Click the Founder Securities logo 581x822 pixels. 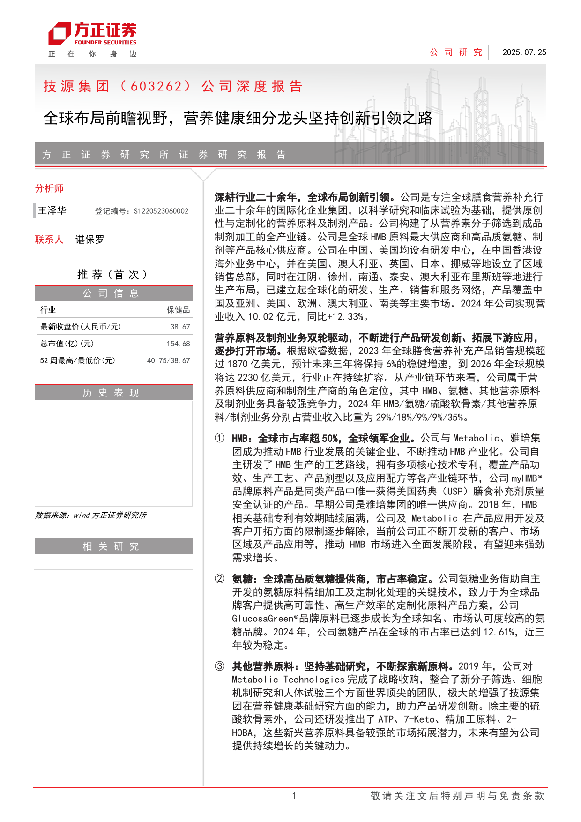click(92, 34)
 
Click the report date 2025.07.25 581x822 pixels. click(524, 52)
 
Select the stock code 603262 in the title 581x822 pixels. click(156, 86)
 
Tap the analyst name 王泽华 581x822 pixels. click(52, 210)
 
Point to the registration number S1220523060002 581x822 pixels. click(161, 211)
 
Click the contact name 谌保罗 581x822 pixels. click(89, 239)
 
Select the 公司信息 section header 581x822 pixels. click(113, 293)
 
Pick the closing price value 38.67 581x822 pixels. click(180, 327)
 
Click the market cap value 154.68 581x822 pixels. click(178, 344)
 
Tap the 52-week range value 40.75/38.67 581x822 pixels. click(168, 360)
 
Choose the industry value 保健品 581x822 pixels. click(178, 310)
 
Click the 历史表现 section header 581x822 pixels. click(113, 393)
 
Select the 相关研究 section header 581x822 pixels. click(113, 546)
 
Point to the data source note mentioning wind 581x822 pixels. click(90, 515)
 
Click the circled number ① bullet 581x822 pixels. click(219, 438)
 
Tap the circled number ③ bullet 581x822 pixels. click(219, 666)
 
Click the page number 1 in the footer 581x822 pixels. click(294, 795)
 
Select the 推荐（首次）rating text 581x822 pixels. click(113, 275)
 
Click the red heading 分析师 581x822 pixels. click(49, 188)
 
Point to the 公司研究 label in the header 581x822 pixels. click(456, 52)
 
